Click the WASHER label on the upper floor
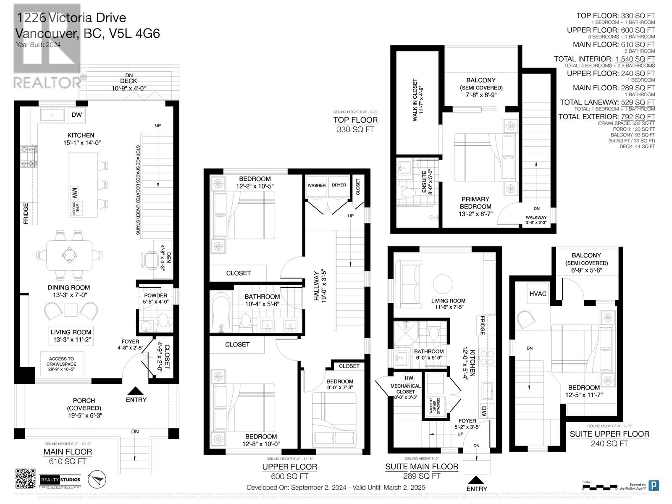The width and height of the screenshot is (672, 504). click(316, 185)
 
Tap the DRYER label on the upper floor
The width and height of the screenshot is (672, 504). click(339, 185)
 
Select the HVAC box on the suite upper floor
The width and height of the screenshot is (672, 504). click(538, 294)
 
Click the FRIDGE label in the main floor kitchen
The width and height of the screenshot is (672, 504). click(26, 213)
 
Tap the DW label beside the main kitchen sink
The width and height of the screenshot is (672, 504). click(76, 115)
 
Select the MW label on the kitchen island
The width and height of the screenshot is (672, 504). click(74, 194)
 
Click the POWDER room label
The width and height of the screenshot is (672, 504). click(155, 296)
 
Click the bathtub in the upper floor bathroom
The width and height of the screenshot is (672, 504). click(220, 312)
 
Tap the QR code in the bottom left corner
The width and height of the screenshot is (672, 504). click(26, 479)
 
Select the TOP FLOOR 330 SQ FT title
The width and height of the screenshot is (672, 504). click(355, 124)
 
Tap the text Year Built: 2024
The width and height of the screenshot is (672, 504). click(38, 45)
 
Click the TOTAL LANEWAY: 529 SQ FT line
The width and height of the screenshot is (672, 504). click(607, 102)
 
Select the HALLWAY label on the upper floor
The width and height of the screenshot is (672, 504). click(319, 285)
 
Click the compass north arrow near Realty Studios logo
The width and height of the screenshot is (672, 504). click(97, 479)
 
